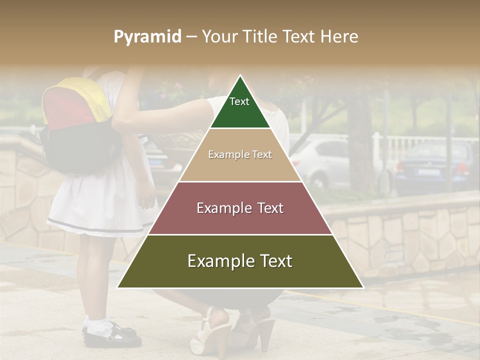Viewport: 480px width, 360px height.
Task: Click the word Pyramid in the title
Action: [147, 37]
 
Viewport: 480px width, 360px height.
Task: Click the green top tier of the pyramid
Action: [240, 112]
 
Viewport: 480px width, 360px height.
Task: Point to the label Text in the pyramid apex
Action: [239, 101]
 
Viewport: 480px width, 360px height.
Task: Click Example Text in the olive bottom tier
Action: [240, 261]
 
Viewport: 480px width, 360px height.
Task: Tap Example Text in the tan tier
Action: [240, 154]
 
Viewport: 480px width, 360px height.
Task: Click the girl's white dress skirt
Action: [100, 205]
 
